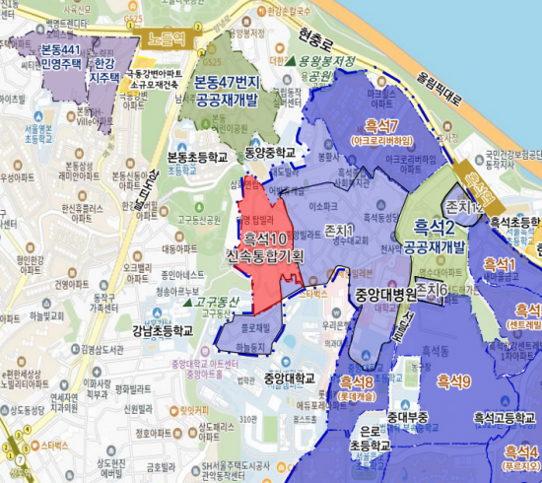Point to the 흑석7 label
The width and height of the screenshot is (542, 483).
(379, 126)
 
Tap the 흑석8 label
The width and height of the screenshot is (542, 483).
(356, 381)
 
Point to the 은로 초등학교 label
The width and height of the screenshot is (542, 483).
(371, 439)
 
